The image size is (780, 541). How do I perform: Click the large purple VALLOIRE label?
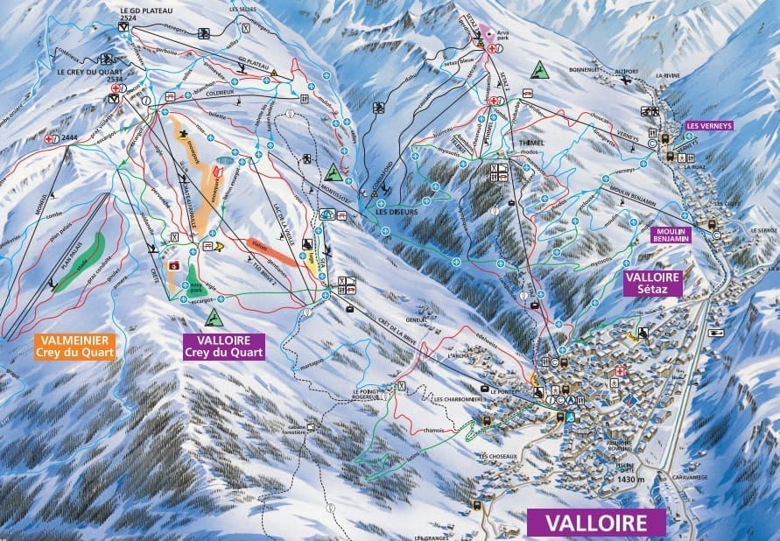(x=595, y=523)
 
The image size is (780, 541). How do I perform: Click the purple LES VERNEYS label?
(x=708, y=124)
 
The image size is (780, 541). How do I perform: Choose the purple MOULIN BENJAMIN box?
(x=671, y=235)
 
